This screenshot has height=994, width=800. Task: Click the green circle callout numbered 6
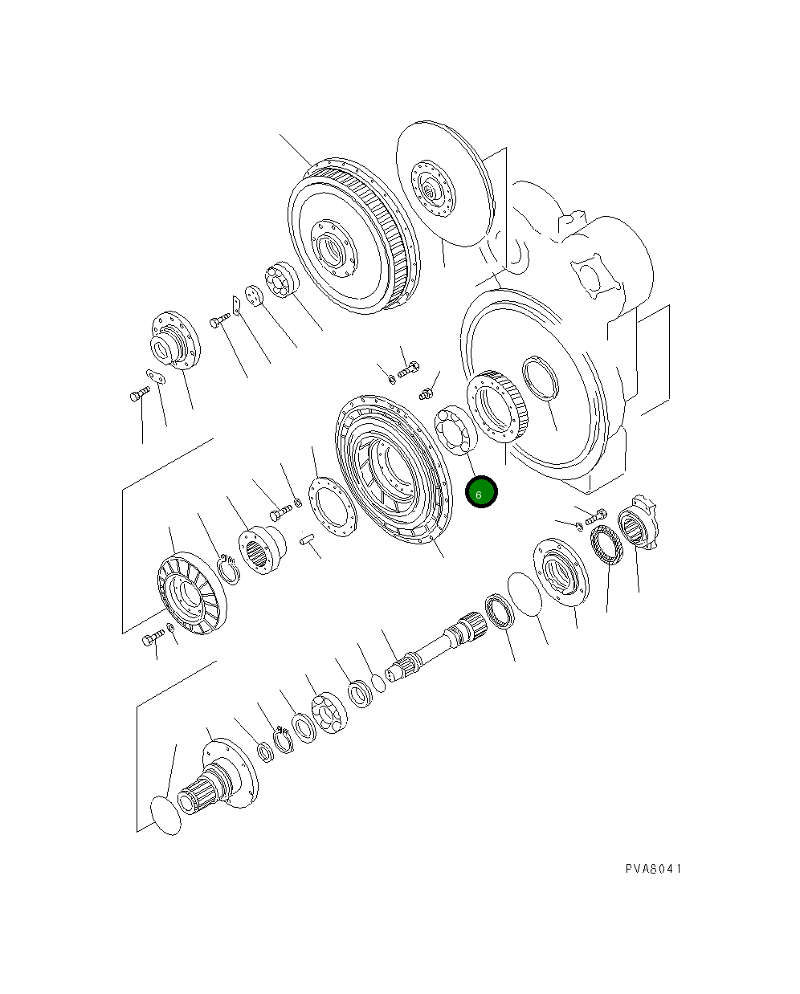pyautogui.click(x=482, y=493)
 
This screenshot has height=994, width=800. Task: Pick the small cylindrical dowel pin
pyautogui.click(x=307, y=541)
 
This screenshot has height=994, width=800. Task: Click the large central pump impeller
pyautogui.click(x=392, y=467)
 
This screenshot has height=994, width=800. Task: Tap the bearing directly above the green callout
pyautogui.click(x=456, y=432)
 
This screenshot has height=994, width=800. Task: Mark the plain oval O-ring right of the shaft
pyautogui.click(x=525, y=595)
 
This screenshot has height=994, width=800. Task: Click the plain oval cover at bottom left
pyautogui.click(x=166, y=816)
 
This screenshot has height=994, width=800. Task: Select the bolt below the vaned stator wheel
pyautogui.click(x=153, y=639)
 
